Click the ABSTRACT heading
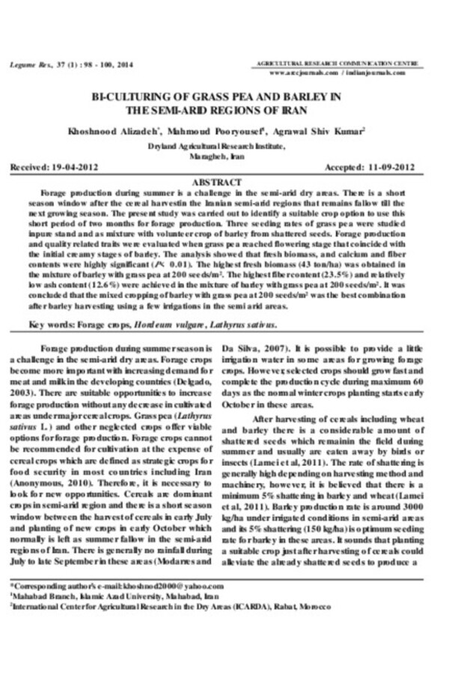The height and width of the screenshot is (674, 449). (216, 182)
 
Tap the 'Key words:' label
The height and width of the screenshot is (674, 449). (52, 326)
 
